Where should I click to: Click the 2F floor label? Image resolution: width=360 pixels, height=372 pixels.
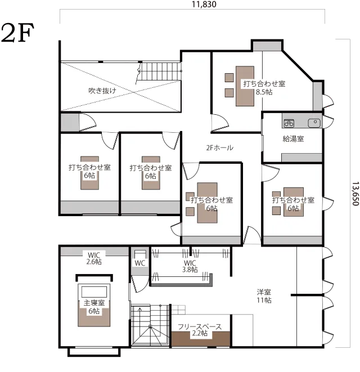[17, 33]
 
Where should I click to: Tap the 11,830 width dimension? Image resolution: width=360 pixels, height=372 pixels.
[204, 5]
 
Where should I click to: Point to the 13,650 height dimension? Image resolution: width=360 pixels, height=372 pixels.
[355, 194]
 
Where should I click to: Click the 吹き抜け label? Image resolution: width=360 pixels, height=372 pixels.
[102, 91]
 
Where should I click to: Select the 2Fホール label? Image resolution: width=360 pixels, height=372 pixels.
[219, 148]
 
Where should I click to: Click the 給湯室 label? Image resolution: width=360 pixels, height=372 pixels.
[293, 138]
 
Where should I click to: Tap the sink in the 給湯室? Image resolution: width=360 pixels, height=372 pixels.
[314, 123]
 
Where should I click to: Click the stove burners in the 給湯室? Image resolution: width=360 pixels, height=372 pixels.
[289, 123]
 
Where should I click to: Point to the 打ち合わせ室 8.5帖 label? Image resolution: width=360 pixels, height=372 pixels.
[264, 88]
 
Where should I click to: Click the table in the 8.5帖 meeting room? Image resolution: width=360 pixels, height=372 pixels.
[245, 86]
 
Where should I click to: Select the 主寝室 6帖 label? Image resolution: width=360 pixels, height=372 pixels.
[94, 307]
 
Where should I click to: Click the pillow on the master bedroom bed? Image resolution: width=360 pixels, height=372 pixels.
[94, 292]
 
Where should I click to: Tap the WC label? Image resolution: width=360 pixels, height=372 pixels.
[139, 263]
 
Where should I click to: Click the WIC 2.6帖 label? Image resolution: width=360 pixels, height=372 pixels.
[94, 258]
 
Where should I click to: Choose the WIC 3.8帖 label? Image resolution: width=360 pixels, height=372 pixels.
[190, 266]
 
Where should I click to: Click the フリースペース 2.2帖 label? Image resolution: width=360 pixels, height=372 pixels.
[200, 330]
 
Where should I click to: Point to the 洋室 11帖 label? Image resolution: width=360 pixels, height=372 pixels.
[264, 296]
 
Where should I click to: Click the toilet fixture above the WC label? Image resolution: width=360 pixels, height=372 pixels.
[140, 254]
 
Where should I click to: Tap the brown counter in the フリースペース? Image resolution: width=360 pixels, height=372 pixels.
[201, 339]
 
